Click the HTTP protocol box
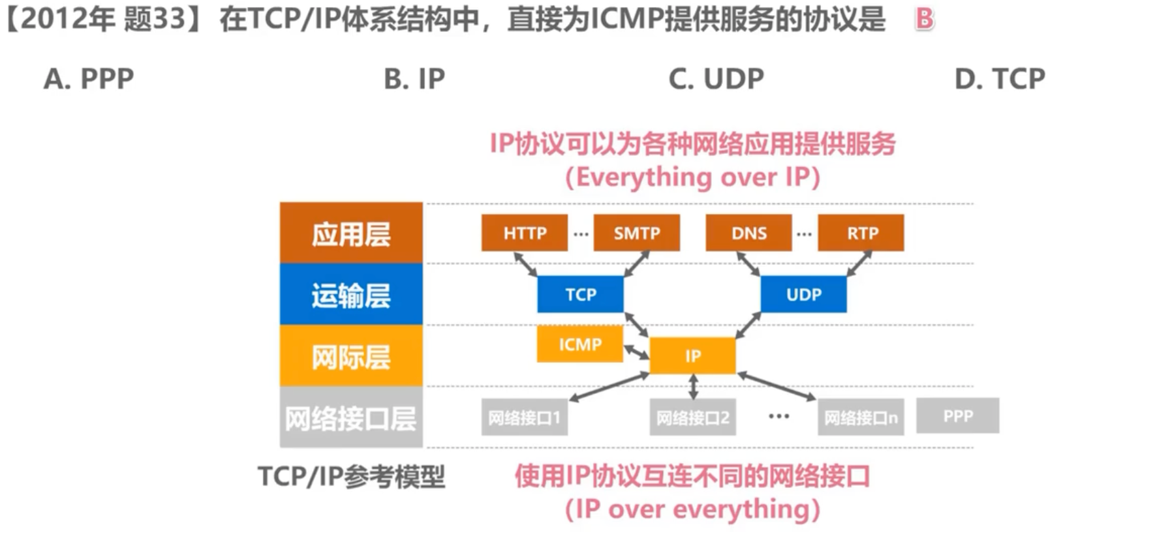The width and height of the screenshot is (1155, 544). (x=524, y=233)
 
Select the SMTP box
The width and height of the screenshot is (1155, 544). (x=636, y=233)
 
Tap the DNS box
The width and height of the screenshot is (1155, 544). (x=748, y=233)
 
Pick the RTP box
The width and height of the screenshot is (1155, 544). (x=861, y=233)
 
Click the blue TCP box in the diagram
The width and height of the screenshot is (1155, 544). (x=580, y=294)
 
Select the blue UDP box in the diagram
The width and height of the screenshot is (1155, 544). (x=803, y=294)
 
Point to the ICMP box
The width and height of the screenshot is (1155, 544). (x=579, y=344)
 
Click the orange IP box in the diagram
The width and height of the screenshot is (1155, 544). (x=692, y=355)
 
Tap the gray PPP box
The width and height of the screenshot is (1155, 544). (x=957, y=416)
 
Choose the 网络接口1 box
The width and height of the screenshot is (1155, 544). (x=524, y=417)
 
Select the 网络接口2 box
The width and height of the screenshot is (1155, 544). (x=692, y=417)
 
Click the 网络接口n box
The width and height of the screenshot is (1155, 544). (x=861, y=417)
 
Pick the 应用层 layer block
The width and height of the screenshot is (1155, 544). (x=351, y=233)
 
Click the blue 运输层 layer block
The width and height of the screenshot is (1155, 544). (x=351, y=295)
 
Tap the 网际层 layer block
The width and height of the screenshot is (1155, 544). (x=351, y=356)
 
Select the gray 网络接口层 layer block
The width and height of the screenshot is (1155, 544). (x=351, y=417)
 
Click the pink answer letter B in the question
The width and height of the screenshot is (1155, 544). (x=924, y=18)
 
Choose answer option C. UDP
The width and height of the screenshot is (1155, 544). (x=716, y=79)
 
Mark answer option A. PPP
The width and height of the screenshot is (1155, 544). (x=88, y=79)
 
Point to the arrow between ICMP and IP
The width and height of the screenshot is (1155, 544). (x=636, y=352)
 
